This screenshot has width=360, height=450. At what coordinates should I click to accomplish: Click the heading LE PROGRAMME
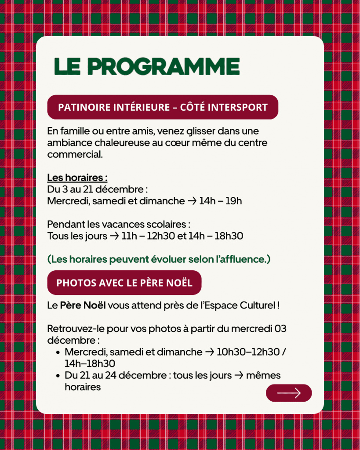coord(147,66)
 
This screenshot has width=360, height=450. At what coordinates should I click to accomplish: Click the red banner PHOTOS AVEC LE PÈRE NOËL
coord(124,283)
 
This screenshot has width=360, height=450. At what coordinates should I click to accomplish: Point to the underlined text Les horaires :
coord(77,178)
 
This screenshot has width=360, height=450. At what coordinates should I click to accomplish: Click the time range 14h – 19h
coord(220,201)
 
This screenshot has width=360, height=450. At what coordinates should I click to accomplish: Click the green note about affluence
coord(159,259)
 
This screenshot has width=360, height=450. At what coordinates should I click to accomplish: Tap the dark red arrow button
coord(289,393)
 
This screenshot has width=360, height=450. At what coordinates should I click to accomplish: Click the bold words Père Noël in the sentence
coord(83,305)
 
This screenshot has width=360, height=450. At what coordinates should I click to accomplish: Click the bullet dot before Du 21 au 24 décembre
coord(58,376)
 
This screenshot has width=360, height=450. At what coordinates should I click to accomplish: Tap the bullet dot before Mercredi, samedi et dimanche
coord(58,352)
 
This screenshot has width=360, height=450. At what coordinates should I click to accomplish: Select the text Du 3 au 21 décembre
coord(96,189)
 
